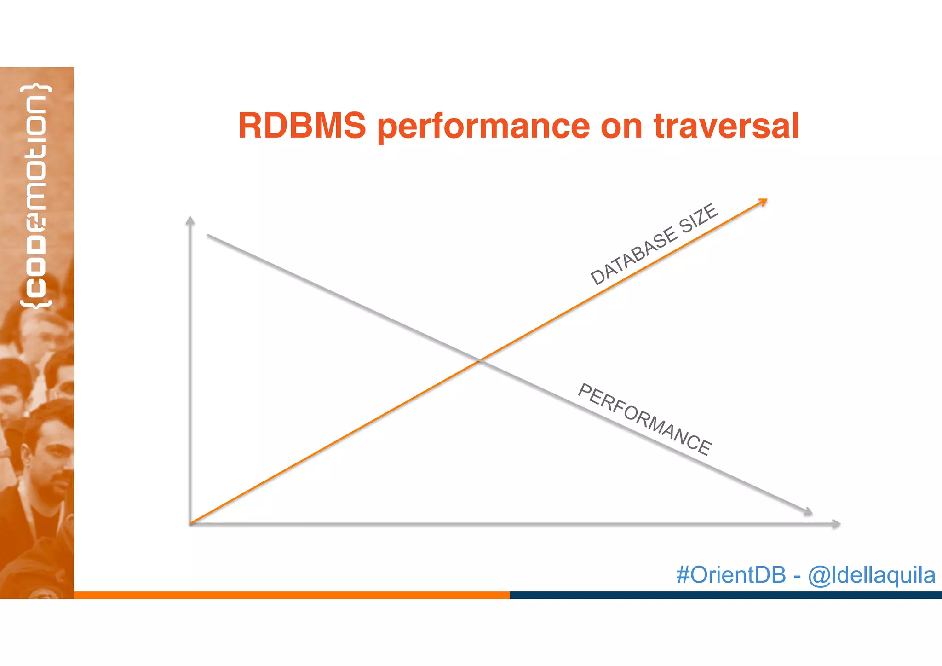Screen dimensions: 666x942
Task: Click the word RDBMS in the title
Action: pyautogui.click(x=302, y=126)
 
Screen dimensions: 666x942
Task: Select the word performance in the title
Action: pyautogui.click(x=483, y=127)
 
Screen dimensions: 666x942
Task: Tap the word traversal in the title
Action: pyautogui.click(x=726, y=126)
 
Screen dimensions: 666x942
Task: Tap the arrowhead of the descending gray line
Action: pyautogui.click(x=808, y=512)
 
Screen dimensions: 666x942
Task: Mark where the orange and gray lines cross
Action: pyautogui.click(x=480, y=360)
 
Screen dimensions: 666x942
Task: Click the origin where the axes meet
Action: pyautogui.click(x=190, y=523)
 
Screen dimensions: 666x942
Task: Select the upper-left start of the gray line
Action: pyautogui.click(x=208, y=235)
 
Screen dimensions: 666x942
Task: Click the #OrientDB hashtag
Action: pyautogui.click(x=730, y=575)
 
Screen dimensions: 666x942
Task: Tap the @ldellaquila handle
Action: pyautogui.click(x=871, y=575)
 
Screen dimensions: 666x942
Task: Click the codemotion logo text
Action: pyautogui.click(x=36, y=196)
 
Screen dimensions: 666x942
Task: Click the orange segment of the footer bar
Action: pyautogui.click(x=292, y=595)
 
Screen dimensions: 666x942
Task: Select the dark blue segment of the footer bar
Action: pyautogui.click(x=725, y=595)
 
